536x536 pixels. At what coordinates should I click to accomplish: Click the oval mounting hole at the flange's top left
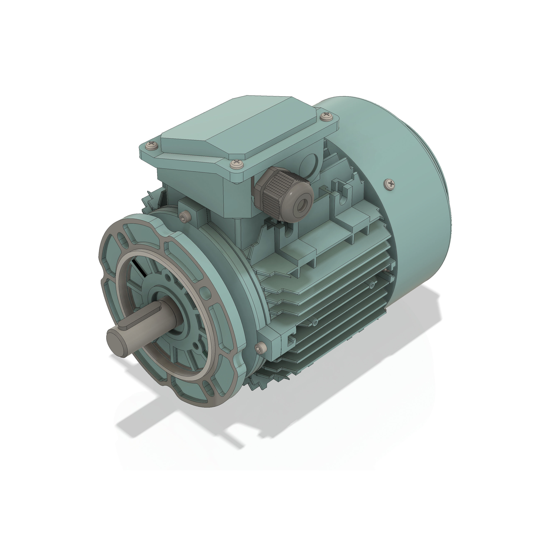tap(121, 238)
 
